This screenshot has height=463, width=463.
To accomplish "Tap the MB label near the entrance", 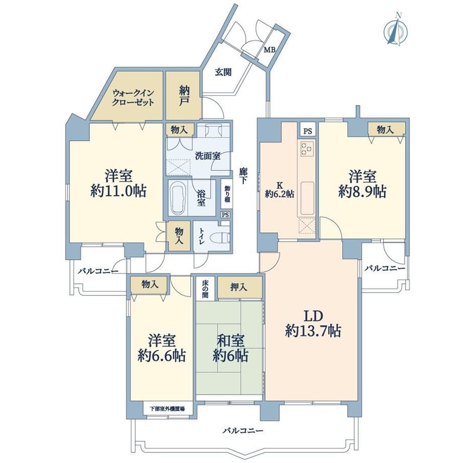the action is [269, 50].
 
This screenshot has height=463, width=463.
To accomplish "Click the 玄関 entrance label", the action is [223, 72].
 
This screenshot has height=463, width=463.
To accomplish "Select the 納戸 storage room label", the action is [184, 95].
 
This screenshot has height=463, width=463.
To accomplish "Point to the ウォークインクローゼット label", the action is [133, 98].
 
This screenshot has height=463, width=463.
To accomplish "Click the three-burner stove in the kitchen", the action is [307, 148].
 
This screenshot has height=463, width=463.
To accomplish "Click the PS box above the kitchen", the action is [307, 131].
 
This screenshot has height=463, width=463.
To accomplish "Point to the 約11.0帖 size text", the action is [118, 191].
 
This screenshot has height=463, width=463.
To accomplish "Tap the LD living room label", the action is [314, 316].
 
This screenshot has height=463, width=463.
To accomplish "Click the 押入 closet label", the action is [239, 287].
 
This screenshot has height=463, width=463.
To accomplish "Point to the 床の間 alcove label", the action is [205, 288].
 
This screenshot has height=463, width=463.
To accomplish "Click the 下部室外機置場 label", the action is [168, 409].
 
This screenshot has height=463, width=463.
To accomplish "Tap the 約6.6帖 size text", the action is [162, 356].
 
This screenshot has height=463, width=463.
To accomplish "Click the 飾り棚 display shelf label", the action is [227, 194].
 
